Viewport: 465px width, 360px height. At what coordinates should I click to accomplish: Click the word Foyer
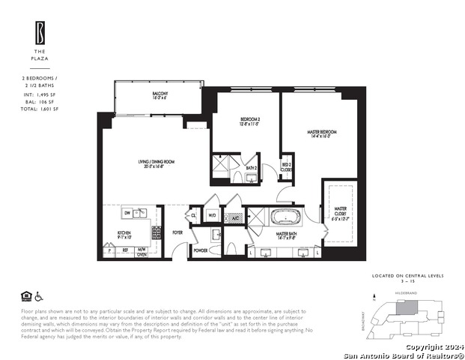point(177,232)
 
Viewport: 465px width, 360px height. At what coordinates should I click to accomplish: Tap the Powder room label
point(200,250)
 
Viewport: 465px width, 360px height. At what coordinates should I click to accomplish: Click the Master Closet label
point(339,211)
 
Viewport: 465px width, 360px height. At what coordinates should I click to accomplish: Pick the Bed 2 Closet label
point(286,167)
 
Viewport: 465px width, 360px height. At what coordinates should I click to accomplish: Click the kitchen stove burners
point(156,233)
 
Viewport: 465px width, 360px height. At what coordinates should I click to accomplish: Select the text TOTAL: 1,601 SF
point(40,109)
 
